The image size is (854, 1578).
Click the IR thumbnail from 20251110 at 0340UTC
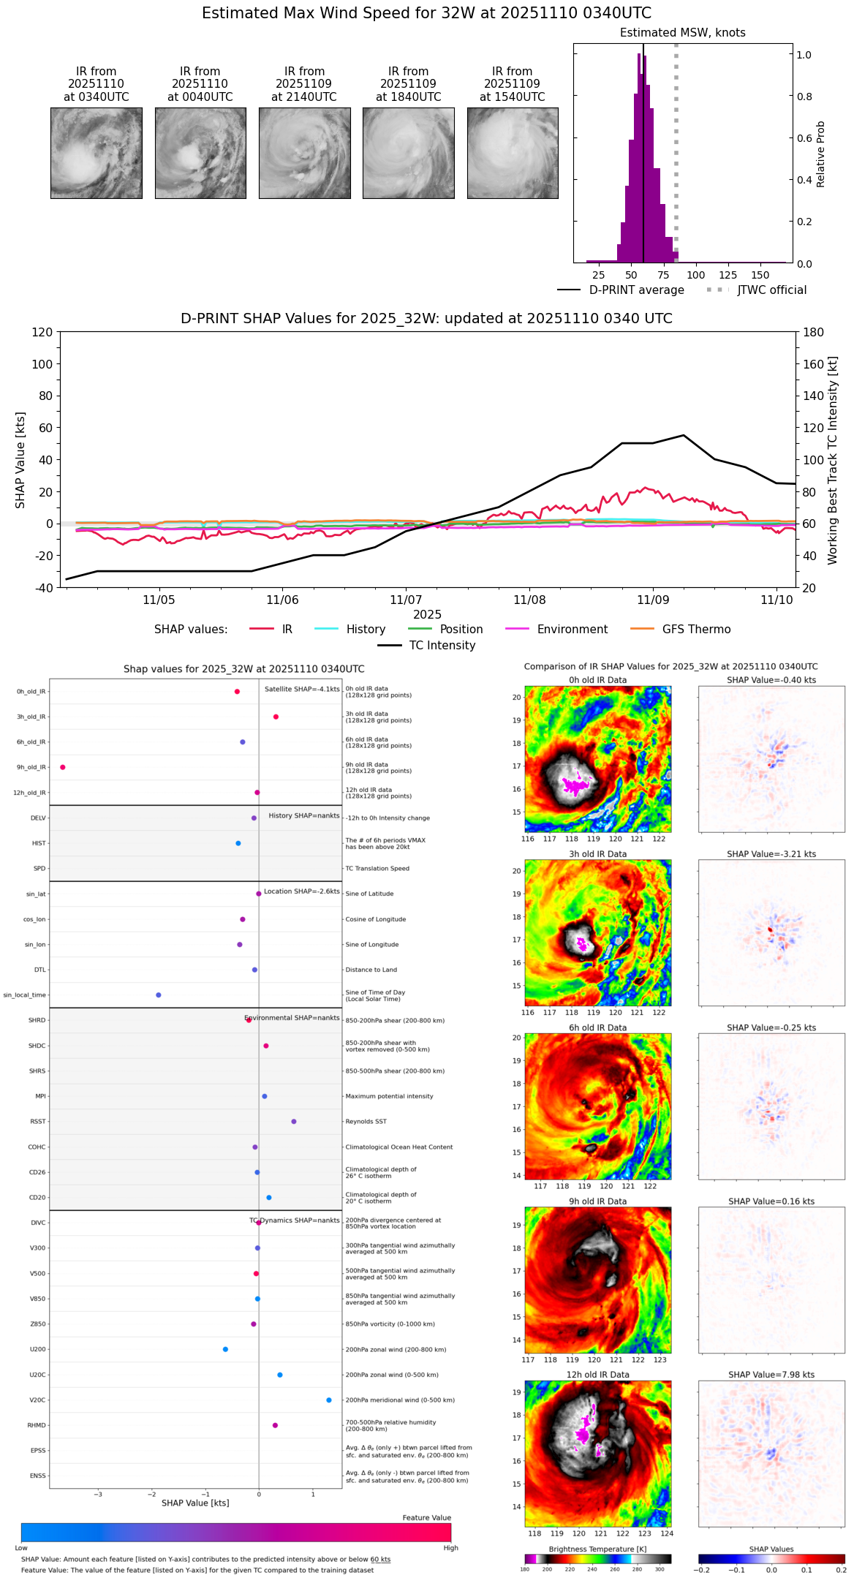(96, 153)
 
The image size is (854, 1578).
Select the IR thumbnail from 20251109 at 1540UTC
(513, 153)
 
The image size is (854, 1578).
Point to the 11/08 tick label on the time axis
(529, 600)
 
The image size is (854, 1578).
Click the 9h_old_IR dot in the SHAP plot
(63, 767)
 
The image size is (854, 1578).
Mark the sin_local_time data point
(159, 995)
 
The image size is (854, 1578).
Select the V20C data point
(329, 1400)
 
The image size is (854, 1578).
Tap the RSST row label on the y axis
(38, 1122)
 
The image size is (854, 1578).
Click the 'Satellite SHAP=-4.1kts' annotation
(302, 690)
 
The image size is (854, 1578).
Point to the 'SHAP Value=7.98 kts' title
(771, 1375)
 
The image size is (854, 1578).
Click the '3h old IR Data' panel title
(597, 854)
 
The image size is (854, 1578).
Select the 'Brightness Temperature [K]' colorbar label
(597, 1549)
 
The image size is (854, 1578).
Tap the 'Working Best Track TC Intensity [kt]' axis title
(833, 461)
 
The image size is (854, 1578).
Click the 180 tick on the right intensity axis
(814, 333)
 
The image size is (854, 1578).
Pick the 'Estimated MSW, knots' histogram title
(682, 33)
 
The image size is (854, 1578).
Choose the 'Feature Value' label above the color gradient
(426, 1518)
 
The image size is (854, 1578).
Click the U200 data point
(225, 1349)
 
